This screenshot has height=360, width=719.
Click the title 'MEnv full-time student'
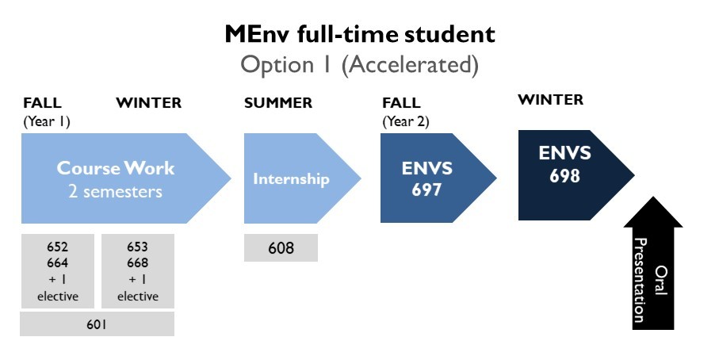360,34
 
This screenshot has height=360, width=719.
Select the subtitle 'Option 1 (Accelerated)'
360,65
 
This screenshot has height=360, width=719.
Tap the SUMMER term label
278,103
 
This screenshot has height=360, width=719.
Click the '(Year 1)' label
47,121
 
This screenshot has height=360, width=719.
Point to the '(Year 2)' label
406,121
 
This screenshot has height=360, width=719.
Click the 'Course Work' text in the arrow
116,168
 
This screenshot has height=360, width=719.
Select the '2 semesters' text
116,191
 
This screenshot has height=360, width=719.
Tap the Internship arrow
302,178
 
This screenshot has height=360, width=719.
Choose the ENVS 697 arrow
438,178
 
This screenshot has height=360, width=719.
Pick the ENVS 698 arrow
576,175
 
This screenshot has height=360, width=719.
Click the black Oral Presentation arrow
653,263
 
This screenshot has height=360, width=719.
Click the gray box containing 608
281,247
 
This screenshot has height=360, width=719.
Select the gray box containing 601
98,324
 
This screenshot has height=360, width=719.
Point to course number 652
57,247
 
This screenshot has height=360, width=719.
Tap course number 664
57,262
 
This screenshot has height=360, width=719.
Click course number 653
138,247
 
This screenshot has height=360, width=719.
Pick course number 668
138,262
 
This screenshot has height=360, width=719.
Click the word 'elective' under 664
58,297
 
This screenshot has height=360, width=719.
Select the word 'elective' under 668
138,297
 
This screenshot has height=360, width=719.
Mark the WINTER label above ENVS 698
550,100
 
